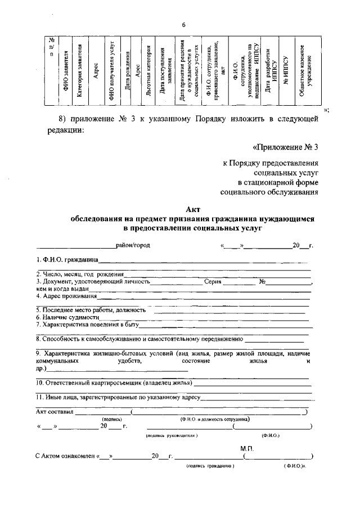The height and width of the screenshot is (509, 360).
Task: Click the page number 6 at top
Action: tap(183, 24)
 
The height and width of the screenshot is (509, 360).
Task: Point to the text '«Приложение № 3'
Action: tap(286, 147)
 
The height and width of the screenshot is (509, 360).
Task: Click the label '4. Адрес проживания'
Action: tap(62, 295)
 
